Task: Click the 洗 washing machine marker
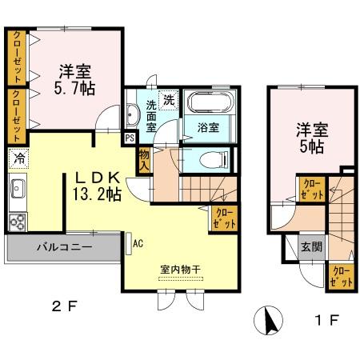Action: pyautogui.click(x=168, y=100)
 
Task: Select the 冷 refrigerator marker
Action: pyautogui.click(x=18, y=158)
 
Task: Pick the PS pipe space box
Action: pyautogui.click(x=130, y=137)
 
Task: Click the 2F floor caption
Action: pyautogui.click(x=66, y=304)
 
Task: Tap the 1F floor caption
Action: pyautogui.click(x=330, y=321)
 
